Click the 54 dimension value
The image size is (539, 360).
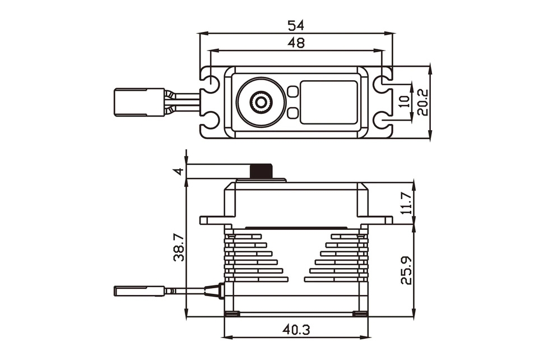(x=296, y=25)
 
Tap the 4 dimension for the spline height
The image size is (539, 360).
(x=178, y=171)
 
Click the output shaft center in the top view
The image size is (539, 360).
(x=261, y=101)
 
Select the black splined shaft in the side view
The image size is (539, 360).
(x=261, y=172)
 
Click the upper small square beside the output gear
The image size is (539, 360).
(x=292, y=91)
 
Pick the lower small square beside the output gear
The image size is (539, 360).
(x=292, y=113)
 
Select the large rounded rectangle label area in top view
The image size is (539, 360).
(x=328, y=101)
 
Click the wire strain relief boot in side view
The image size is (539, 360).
(x=213, y=290)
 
